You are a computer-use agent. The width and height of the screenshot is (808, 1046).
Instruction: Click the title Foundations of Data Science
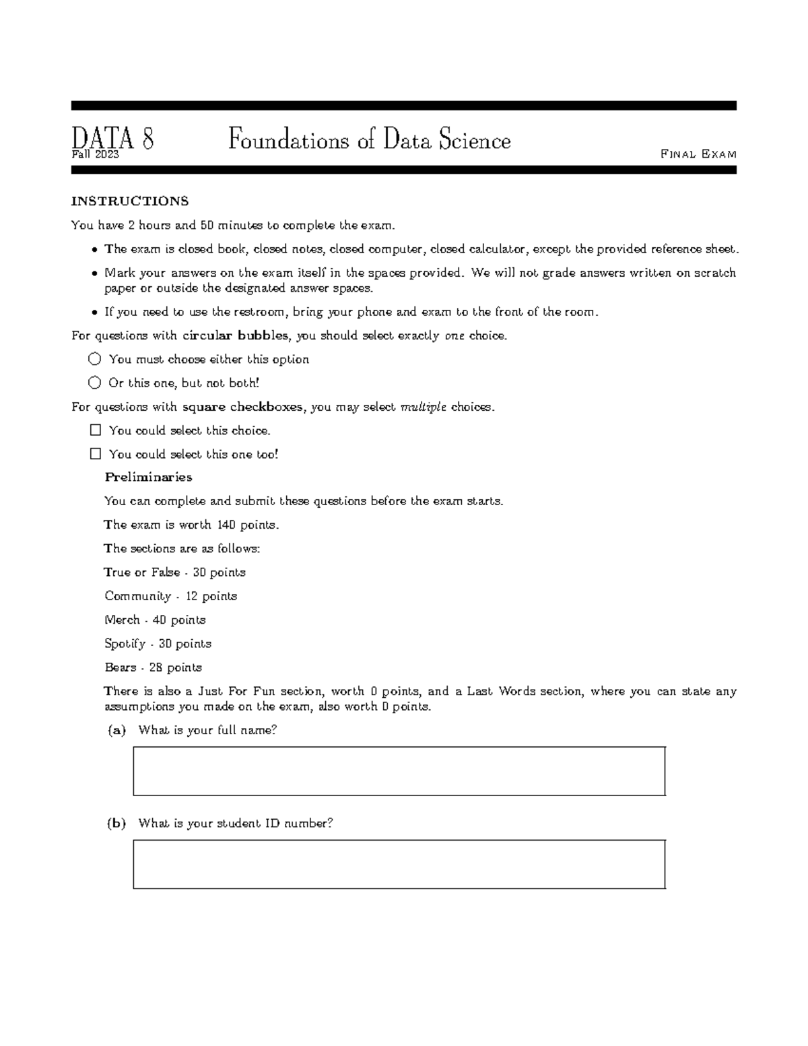369,140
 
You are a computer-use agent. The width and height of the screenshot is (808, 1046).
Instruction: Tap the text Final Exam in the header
698,154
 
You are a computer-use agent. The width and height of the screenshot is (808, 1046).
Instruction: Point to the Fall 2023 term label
95,155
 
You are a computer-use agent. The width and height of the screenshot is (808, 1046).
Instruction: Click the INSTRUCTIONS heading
130,201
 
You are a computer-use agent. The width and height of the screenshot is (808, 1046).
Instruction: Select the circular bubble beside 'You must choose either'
95,359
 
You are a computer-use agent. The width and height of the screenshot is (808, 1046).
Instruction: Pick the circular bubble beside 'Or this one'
95,383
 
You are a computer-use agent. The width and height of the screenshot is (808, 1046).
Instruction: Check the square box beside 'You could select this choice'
95,430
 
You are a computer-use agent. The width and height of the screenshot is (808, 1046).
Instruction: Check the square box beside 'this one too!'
95,454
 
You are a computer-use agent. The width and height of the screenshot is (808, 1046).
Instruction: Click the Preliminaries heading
148,478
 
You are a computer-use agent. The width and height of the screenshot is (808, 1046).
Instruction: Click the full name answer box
399,771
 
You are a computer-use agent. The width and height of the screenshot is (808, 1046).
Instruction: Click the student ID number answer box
399,864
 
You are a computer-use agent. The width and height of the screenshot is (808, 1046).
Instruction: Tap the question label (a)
116,730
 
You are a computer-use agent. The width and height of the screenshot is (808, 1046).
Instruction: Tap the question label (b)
116,823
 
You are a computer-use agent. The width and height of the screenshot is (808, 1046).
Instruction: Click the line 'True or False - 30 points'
174,573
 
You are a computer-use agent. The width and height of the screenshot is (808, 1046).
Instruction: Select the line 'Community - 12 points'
170,596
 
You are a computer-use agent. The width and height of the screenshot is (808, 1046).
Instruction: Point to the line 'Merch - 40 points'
155,620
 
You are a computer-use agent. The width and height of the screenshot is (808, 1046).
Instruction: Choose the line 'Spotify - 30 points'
158,644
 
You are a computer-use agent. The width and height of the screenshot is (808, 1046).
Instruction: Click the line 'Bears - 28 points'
153,667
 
